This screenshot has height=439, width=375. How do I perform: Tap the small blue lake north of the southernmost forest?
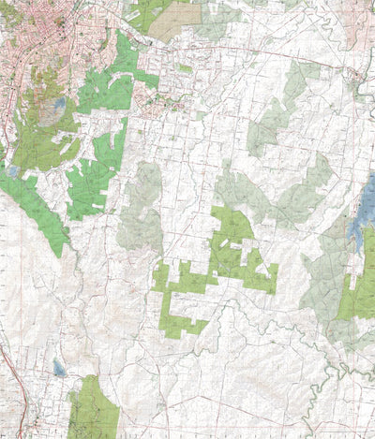[58, 367]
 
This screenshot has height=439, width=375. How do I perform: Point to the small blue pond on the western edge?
[12, 171]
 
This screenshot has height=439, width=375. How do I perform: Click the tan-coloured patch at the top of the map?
[173, 20]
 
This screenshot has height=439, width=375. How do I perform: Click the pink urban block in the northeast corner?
[361, 19]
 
